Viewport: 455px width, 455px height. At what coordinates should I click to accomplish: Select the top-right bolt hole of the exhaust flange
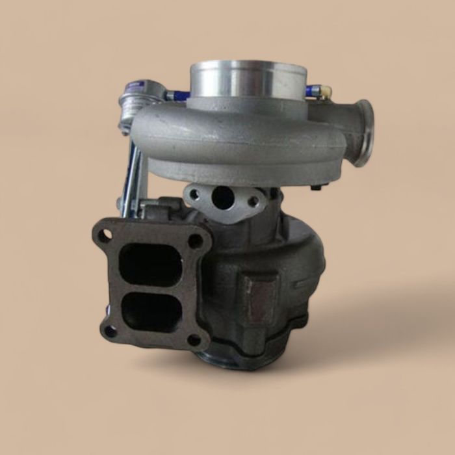pos(194,240)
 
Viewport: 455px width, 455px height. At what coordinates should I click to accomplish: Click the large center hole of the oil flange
pos(223,198)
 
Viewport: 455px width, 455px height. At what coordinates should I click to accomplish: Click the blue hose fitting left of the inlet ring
pos(177,96)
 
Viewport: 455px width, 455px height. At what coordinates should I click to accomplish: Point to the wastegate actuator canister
pos(136,97)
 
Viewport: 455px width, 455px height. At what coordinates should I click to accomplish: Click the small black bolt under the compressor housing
pos(316,187)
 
